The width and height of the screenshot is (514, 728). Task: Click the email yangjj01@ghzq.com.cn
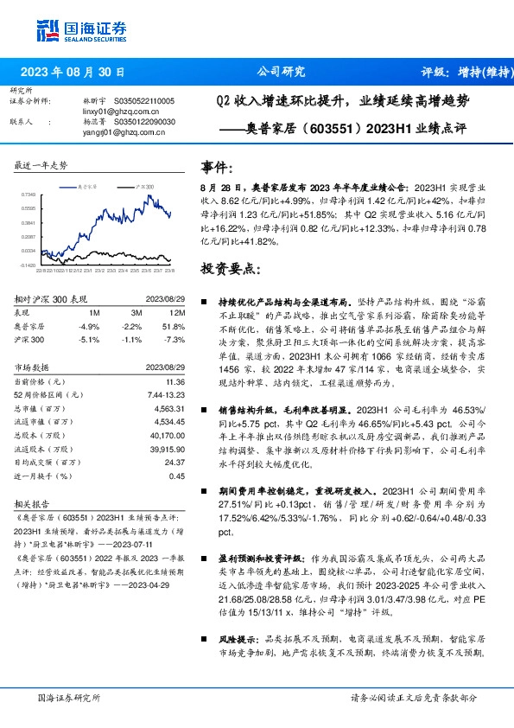[120, 132]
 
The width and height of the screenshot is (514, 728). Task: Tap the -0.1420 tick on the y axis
[28, 265]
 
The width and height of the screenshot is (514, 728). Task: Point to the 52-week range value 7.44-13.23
[168, 394]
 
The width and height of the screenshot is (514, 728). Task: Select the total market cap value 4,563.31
[169, 408]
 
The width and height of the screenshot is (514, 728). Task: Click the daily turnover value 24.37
[175, 462]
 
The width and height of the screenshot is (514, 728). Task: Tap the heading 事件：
[217, 166]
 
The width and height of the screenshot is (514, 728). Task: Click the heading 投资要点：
[229, 268]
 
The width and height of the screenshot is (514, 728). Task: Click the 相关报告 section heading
[32, 502]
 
